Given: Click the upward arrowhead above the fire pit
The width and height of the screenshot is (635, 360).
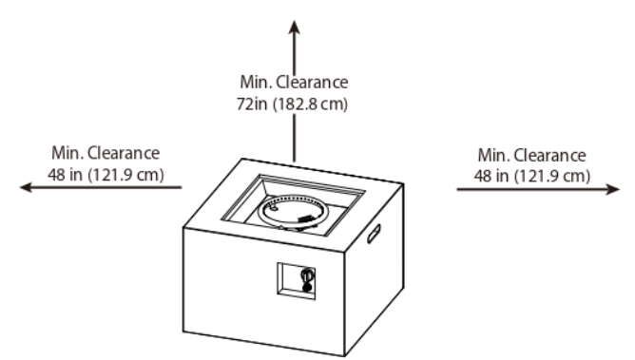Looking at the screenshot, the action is [295, 28].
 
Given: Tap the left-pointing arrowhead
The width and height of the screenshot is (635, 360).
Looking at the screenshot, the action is [27, 187].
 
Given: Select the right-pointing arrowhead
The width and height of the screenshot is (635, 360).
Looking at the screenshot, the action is [613, 189].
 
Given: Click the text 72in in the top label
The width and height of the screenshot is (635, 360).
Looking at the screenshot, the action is [252, 104].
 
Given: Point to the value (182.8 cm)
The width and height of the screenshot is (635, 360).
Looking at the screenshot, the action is [310, 104].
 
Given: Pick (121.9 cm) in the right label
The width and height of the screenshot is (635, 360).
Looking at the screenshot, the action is [552, 177].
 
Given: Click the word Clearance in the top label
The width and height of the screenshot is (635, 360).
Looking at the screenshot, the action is [312, 82].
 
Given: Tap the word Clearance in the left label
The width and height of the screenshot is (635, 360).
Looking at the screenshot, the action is [124, 153].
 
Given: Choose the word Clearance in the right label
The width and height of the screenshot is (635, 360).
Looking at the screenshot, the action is [550, 156].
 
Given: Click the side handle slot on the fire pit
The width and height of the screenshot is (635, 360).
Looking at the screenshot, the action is [374, 234].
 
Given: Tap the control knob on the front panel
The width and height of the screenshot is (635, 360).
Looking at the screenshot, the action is [307, 275].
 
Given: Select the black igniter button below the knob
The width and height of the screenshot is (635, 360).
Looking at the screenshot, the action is [307, 288].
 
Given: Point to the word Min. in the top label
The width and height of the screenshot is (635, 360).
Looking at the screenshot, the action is [256, 82].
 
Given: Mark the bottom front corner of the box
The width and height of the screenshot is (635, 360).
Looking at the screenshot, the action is [344, 355].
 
